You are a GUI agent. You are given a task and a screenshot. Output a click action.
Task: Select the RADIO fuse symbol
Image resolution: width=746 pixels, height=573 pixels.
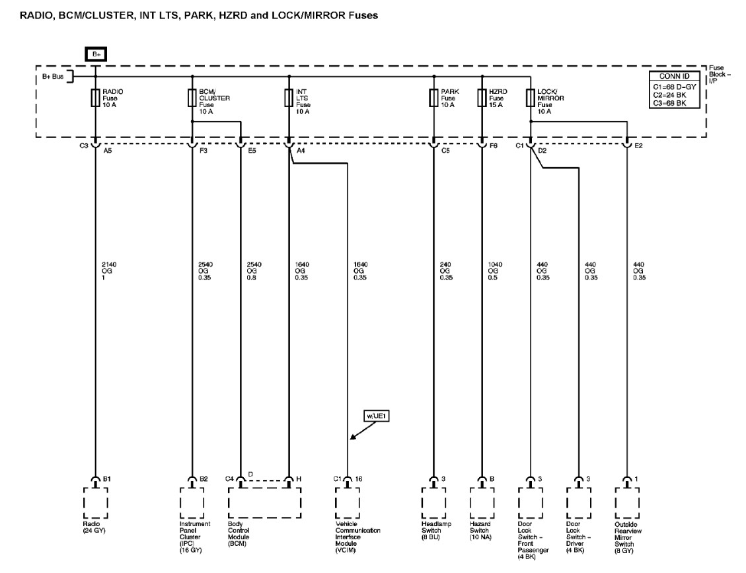(x=96, y=98)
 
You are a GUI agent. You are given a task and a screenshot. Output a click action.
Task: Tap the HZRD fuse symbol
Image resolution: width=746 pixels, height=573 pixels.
(x=482, y=98)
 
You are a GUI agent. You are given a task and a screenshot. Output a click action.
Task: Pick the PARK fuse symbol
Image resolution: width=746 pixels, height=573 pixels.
(x=433, y=98)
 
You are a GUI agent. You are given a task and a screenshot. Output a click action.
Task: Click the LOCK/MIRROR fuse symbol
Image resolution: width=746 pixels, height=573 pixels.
(x=531, y=98)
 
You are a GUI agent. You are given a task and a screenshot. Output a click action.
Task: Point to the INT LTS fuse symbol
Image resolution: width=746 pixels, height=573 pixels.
(x=289, y=98)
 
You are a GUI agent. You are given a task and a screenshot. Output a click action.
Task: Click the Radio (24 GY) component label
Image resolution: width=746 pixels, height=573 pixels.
(x=95, y=527)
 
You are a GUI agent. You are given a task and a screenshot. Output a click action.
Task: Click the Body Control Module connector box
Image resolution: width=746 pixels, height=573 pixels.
(x=264, y=500)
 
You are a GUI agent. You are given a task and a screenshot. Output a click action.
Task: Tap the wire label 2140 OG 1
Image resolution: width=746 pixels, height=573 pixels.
(x=102, y=270)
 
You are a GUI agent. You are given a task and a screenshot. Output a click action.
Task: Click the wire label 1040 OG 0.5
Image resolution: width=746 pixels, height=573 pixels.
(x=496, y=270)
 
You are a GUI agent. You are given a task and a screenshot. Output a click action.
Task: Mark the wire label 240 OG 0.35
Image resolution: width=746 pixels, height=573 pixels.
(x=447, y=270)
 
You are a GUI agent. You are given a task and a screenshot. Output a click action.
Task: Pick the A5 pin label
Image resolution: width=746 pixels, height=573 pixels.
(x=108, y=150)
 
